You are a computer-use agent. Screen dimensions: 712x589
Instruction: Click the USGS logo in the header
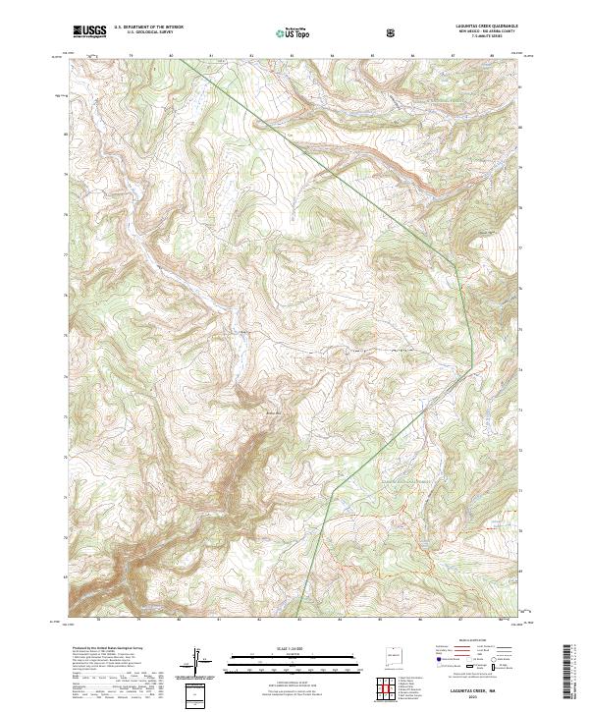(x=89, y=32)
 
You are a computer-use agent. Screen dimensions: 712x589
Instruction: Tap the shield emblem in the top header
(x=391, y=32)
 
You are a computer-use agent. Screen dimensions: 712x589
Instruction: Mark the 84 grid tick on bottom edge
(x=339, y=620)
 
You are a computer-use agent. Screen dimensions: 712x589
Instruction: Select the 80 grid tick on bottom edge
(x=179, y=620)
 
